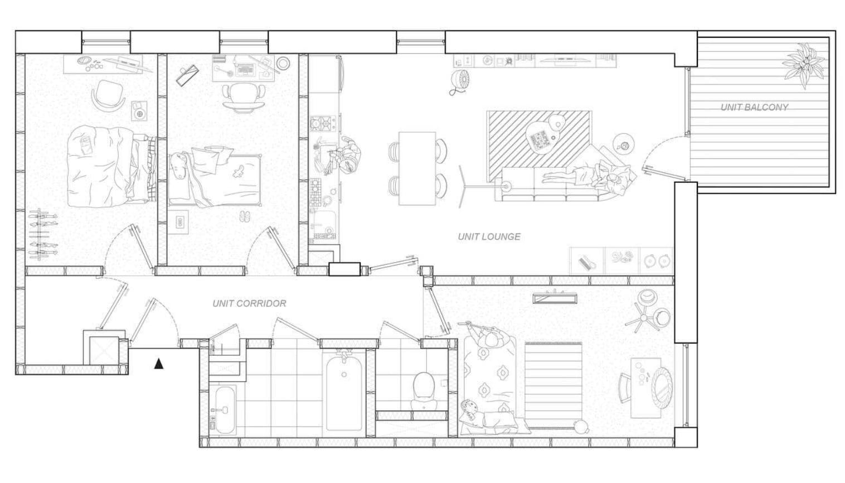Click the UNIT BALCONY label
click(x=754, y=108)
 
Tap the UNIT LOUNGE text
click(x=489, y=236)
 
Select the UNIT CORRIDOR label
click(x=249, y=303)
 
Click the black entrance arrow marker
click(x=159, y=364)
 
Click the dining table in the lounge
click(x=417, y=168)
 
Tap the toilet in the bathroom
click(x=424, y=389)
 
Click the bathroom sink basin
click(x=225, y=409)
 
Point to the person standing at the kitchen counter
click(x=349, y=154)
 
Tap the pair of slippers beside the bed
click(x=245, y=216)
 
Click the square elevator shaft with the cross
click(x=104, y=351)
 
